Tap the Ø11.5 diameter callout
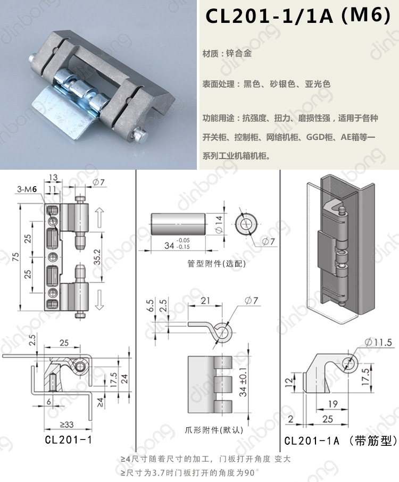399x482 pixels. [377, 342]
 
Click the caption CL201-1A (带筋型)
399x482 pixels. [340, 441]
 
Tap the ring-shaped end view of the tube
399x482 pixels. [247, 225]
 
